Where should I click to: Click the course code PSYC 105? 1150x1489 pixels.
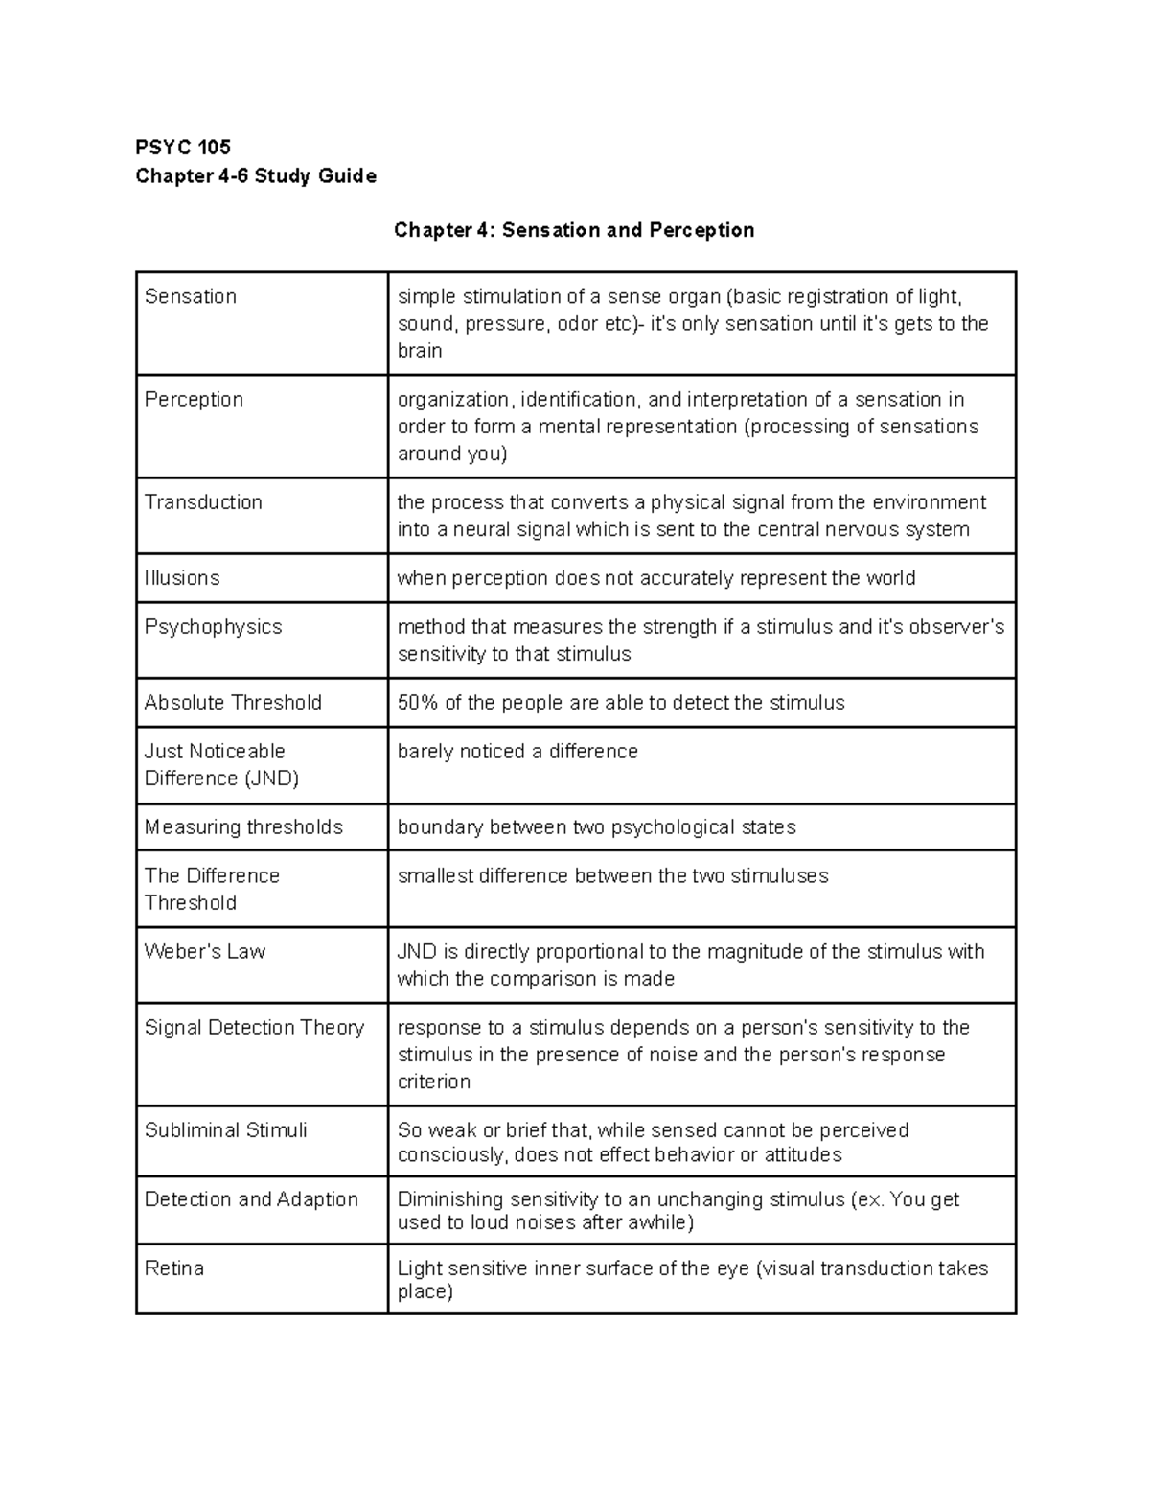point(183,147)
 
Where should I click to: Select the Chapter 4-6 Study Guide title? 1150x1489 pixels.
point(256,175)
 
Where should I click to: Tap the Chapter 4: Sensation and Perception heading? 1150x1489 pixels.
point(574,230)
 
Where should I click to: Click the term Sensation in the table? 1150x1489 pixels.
point(191,296)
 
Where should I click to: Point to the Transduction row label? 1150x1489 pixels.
point(203,501)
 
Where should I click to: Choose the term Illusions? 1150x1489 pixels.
point(182,577)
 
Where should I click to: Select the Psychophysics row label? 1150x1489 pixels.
point(213,626)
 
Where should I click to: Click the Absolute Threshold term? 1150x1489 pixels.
point(233,702)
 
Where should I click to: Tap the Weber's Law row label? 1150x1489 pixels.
point(205,951)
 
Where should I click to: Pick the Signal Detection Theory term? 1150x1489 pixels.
point(254,1027)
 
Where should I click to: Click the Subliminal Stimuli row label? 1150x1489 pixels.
point(226,1129)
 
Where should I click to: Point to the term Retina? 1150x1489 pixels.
point(174,1268)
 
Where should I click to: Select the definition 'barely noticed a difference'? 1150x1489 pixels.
point(517,751)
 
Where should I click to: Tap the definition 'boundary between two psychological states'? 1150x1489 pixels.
point(596,826)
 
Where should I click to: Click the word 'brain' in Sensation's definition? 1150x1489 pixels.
point(420,350)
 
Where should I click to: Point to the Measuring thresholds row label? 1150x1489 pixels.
point(243,826)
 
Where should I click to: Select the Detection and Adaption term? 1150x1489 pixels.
point(251,1198)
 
